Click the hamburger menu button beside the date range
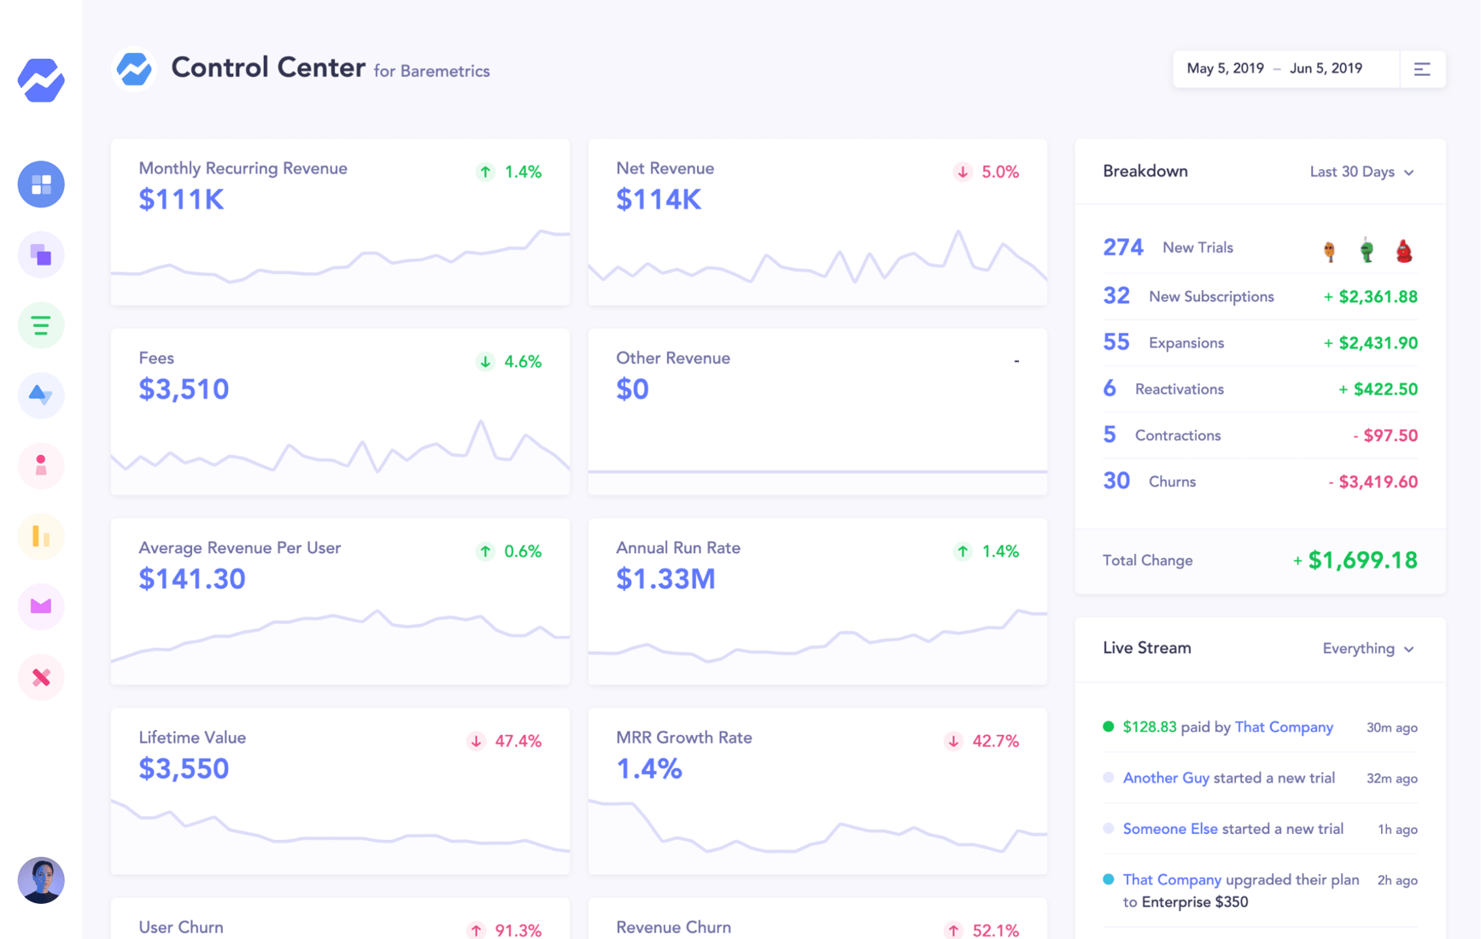pyautogui.click(x=1422, y=69)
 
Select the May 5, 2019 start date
pyautogui.click(x=1225, y=69)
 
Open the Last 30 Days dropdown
pyautogui.click(x=1361, y=172)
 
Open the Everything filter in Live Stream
pyautogui.click(x=1367, y=649)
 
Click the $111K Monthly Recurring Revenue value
pyautogui.click(x=181, y=200)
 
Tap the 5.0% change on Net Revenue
pyautogui.click(x=999, y=172)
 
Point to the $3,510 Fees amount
pyautogui.click(x=184, y=389)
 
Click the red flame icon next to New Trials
pyautogui.click(x=1403, y=250)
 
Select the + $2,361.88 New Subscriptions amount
pyautogui.click(x=1370, y=297)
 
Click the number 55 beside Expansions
pyautogui.click(x=1115, y=342)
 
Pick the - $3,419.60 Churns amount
pyautogui.click(x=1373, y=482)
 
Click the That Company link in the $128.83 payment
pyautogui.click(x=1283, y=727)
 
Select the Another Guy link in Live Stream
pyautogui.click(x=1165, y=778)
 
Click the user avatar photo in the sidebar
pyautogui.click(x=41, y=880)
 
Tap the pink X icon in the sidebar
pyautogui.click(x=41, y=678)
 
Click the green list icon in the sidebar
pyautogui.click(x=41, y=325)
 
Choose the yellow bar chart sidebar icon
pyautogui.click(x=41, y=536)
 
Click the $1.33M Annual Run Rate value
pyautogui.click(x=665, y=580)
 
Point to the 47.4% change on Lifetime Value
pyautogui.click(x=518, y=741)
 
